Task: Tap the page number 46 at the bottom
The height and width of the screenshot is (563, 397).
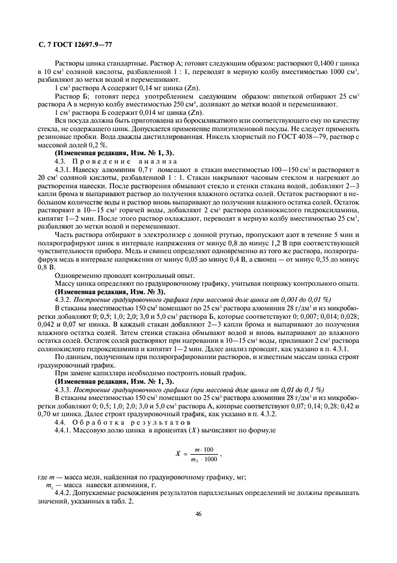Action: click(x=199, y=514)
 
